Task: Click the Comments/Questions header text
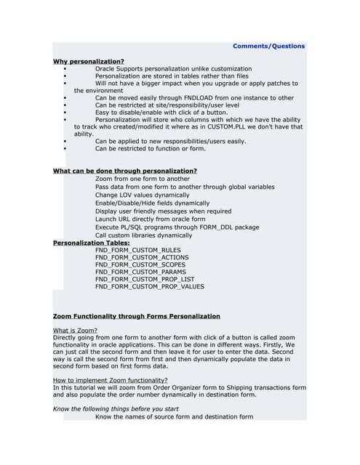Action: tap(268, 46)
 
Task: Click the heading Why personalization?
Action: tap(88, 61)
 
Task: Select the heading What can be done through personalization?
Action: tap(124, 171)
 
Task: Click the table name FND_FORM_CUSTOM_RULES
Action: tap(139, 250)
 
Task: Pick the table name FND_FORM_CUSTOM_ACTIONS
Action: tap(142, 257)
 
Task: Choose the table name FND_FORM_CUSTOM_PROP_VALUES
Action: tap(149, 286)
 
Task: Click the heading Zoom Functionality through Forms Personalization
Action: tap(136, 316)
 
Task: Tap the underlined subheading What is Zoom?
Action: tap(75, 331)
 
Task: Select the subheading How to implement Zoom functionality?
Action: tap(110, 381)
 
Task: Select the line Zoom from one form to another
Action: tap(142, 179)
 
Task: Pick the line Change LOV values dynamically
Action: tap(142, 195)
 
